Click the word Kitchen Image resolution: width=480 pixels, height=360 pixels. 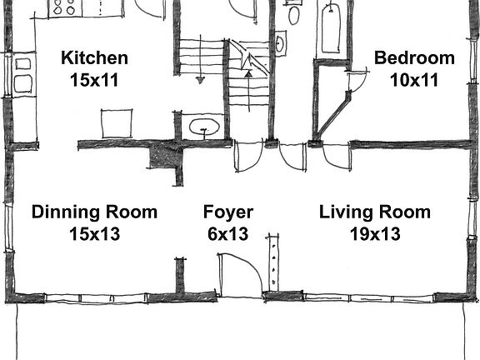(95, 58)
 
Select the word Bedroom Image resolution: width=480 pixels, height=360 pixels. (414, 58)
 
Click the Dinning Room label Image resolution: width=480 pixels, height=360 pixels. (94, 212)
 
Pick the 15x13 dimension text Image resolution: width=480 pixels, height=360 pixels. (94, 234)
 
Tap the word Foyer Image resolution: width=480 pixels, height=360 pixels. (228, 212)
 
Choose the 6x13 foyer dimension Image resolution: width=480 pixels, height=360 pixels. (228, 234)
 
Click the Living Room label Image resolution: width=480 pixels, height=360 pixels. (375, 212)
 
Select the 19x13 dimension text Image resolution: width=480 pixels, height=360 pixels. (375, 234)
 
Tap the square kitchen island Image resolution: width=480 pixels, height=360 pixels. (117, 124)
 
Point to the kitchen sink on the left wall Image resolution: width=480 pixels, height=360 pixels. (22, 72)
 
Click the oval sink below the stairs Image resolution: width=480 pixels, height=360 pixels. (203, 127)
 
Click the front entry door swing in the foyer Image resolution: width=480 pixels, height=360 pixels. (238, 272)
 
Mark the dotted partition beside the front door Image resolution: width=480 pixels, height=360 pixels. (272, 262)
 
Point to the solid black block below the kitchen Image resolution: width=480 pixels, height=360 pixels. (162, 156)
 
